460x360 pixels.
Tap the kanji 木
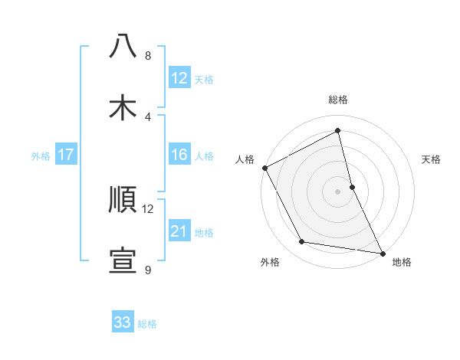(x=123, y=107)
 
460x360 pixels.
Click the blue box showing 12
(x=179, y=78)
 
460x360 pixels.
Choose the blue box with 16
(x=179, y=155)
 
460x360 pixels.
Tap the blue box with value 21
(x=179, y=232)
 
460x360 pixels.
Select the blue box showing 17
(x=66, y=155)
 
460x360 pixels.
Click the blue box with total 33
(x=123, y=323)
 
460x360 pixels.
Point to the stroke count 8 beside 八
(x=148, y=56)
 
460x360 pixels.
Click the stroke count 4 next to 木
(x=148, y=117)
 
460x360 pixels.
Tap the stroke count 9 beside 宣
(x=148, y=270)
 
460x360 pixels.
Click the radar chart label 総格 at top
(x=338, y=100)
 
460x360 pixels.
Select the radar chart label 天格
(x=431, y=159)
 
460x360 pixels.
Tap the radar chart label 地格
(x=402, y=263)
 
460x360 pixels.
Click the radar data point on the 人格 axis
(x=264, y=168)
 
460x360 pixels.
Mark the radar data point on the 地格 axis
(x=382, y=253)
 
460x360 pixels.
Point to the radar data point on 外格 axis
(x=302, y=242)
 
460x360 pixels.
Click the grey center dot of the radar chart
(x=338, y=191)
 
